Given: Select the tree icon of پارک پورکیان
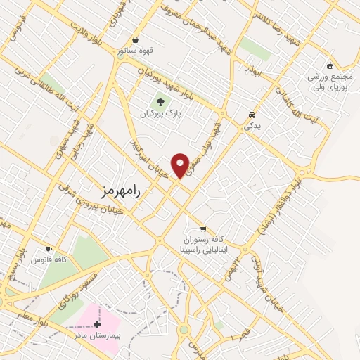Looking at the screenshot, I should point(162,101).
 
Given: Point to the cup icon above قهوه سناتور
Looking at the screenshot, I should point(136,39).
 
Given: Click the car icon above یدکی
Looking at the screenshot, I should point(252,114).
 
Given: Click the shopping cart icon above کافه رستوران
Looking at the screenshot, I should point(203,229).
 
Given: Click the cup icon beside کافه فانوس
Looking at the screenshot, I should point(49,249).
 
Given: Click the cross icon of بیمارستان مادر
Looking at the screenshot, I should point(97,324).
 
